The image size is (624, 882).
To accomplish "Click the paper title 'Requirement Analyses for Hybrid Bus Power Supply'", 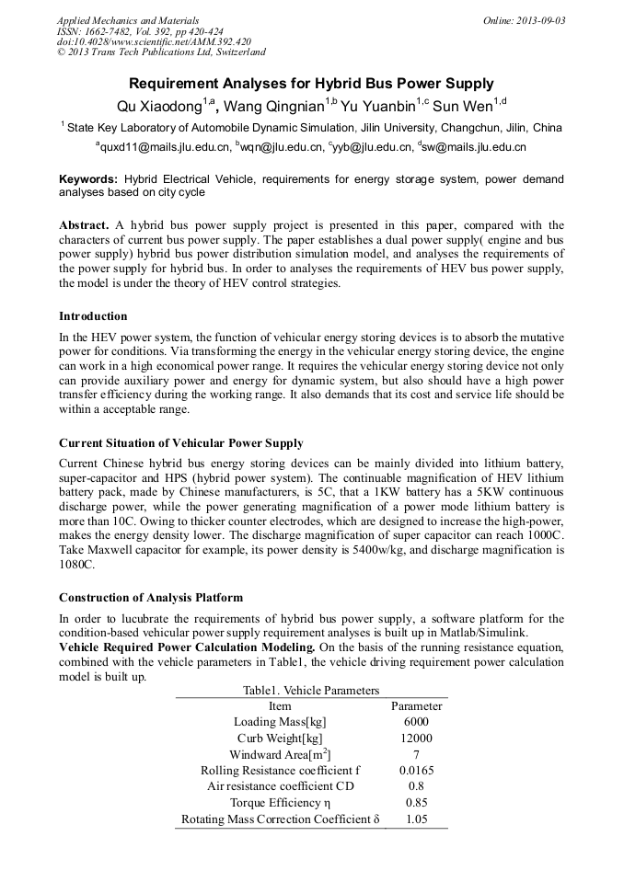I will pyautogui.click(x=311, y=83).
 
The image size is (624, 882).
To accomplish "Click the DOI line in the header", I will pyautogui.click(x=154, y=42).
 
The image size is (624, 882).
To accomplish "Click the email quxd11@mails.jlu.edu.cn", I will pyautogui.click(x=163, y=147).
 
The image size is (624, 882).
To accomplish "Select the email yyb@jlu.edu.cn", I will pyautogui.click(x=372, y=147).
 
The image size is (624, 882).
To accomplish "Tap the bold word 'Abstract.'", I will pyautogui.click(x=85, y=225).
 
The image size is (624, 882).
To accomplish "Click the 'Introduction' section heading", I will pyautogui.click(x=93, y=315).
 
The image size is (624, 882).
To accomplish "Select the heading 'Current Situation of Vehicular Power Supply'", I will pyautogui.click(x=181, y=442).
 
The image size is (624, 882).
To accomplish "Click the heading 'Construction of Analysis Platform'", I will pyautogui.click(x=151, y=597).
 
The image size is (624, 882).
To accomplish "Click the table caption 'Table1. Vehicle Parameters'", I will pyautogui.click(x=311, y=690).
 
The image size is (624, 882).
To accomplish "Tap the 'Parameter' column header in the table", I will pyautogui.click(x=416, y=706).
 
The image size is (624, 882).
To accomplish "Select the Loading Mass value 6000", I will pyautogui.click(x=416, y=722).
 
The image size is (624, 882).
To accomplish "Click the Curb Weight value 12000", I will pyautogui.click(x=416, y=739).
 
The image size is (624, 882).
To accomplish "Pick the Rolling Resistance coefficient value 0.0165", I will pyautogui.click(x=416, y=771).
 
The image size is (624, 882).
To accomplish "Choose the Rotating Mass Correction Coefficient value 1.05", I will pyautogui.click(x=416, y=819).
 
